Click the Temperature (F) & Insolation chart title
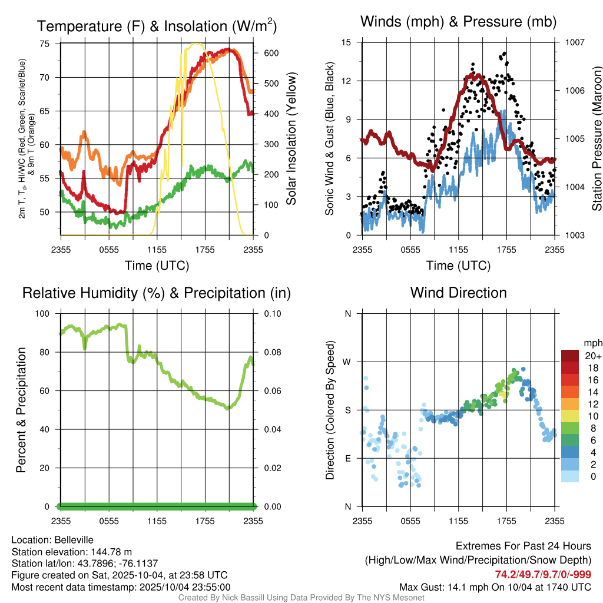point(157,26)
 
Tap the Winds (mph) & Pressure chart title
point(458,22)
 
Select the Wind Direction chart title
point(458,293)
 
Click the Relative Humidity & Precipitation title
point(157,293)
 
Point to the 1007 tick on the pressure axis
point(574,42)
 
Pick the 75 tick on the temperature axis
point(45,44)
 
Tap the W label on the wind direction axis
point(347,362)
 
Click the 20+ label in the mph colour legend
point(592,356)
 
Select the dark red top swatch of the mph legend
point(569,356)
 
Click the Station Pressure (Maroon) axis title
point(597,138)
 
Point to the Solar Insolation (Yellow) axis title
point(291,138)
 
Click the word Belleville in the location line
point(72,539)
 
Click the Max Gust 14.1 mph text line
point(495,587)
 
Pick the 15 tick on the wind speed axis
point(346,42)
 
